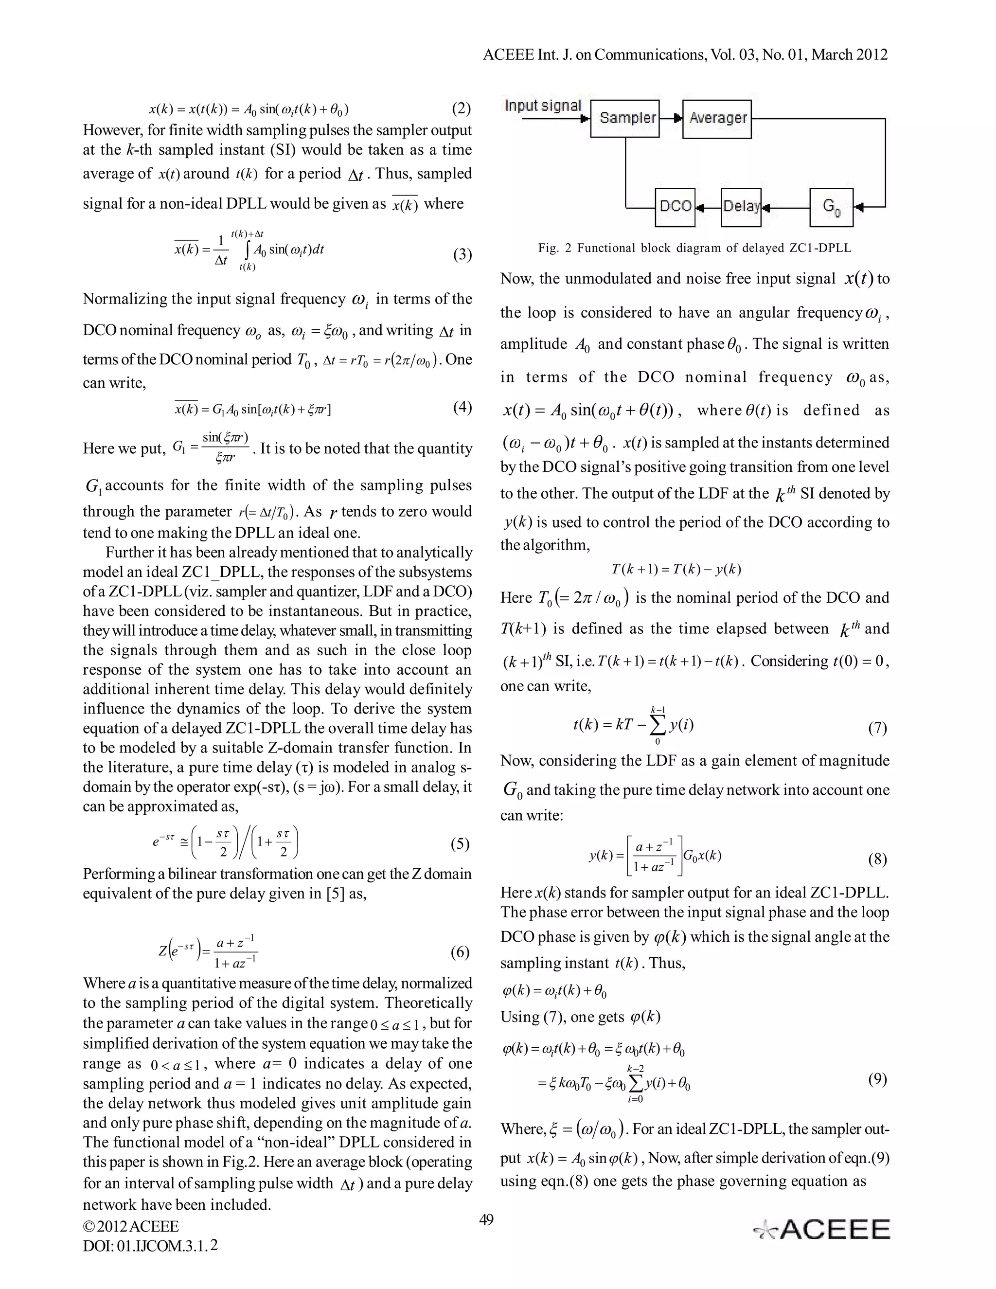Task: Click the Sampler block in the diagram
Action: pyautogui.click(x=625, y=119)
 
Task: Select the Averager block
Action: pyautogui.click(x=717, y=119)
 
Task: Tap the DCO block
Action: pyautogui.click(x=675, y=207)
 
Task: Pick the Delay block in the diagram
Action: pyautogui.click(x=741, y=207)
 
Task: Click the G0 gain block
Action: pyautogui.click(x=831, y=207)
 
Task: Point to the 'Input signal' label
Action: pyautogui.click(x=543, y=106)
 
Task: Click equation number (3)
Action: pyautogui.click(x=462, y=254)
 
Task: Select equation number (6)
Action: pyautogui.click(x=460, y=951)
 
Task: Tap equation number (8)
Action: pyautogui.click(x=877, y=859)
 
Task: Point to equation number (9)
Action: pyautogui.click(x=877, y=1079)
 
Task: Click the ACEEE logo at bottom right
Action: pyautogui.click(x=822, y=1229)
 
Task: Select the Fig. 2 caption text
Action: pyautogui.click(x=694, y=248)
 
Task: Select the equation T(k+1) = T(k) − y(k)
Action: pyautogui.click(x=676, y=569)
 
